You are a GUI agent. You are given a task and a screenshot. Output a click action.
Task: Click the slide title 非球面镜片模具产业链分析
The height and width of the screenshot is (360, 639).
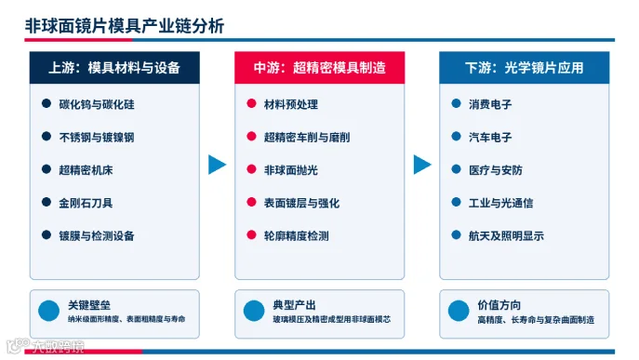point(125,26)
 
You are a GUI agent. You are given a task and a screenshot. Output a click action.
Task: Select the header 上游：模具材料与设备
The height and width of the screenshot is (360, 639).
point(114,68)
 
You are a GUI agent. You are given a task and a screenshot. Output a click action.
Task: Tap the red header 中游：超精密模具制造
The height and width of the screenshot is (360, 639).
point(320,68)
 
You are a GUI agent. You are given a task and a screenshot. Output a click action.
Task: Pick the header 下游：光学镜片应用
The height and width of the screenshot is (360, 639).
point(524,68)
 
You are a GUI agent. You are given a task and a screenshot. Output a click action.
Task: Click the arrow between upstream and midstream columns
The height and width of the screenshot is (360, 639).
point(217,165)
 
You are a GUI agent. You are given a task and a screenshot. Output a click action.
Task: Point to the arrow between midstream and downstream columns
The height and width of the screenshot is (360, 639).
point(421,165)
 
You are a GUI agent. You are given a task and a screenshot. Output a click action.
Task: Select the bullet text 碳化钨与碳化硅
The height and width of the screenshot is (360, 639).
point(97,104)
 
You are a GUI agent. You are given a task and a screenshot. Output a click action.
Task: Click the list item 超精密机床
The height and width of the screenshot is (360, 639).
point(86,170)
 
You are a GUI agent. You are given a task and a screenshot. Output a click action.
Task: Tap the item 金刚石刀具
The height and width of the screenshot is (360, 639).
point(86,203)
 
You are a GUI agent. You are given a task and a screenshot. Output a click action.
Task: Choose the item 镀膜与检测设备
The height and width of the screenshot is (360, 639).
point(97,235)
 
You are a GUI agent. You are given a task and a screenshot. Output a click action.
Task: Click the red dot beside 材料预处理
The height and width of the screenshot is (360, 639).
point(251,103)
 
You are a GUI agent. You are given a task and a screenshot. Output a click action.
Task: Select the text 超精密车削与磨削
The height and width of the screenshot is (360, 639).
point(307,138)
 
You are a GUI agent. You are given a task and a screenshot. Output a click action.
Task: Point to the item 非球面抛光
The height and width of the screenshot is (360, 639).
point(290,170)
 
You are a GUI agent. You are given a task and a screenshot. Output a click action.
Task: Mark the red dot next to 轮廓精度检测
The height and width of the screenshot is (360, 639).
point(251,234)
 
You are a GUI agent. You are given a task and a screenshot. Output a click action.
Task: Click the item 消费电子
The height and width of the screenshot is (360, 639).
point(490,104)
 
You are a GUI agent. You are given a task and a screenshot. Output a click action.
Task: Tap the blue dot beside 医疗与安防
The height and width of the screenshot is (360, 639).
point(457,169)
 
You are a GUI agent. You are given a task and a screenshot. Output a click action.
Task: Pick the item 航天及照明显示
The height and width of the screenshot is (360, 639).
point(506,235)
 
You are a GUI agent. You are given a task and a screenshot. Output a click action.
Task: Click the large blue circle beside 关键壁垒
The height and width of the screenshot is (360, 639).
point(49,311)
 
